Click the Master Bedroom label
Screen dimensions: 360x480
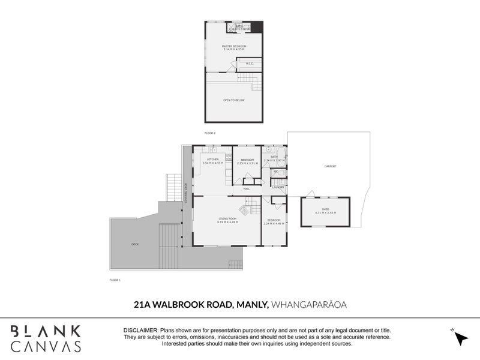tap(234, 46)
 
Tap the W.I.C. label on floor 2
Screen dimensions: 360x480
tap(250, 63)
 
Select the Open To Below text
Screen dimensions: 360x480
tap(234, 100)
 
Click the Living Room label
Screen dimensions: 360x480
tap(227, 220)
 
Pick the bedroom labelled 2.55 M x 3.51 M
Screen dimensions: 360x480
tap(247, 160)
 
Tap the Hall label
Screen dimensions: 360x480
tap(246, 188)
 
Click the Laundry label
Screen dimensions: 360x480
tap(278, 187)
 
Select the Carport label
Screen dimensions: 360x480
tap(330, 166)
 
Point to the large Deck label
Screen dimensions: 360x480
tap(135, 244)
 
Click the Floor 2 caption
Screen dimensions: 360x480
tap(209, 132)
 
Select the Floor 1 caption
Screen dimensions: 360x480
tap(115, 280)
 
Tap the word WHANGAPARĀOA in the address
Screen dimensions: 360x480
tap(310, 305)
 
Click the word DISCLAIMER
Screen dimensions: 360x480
tap(140, 331)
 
